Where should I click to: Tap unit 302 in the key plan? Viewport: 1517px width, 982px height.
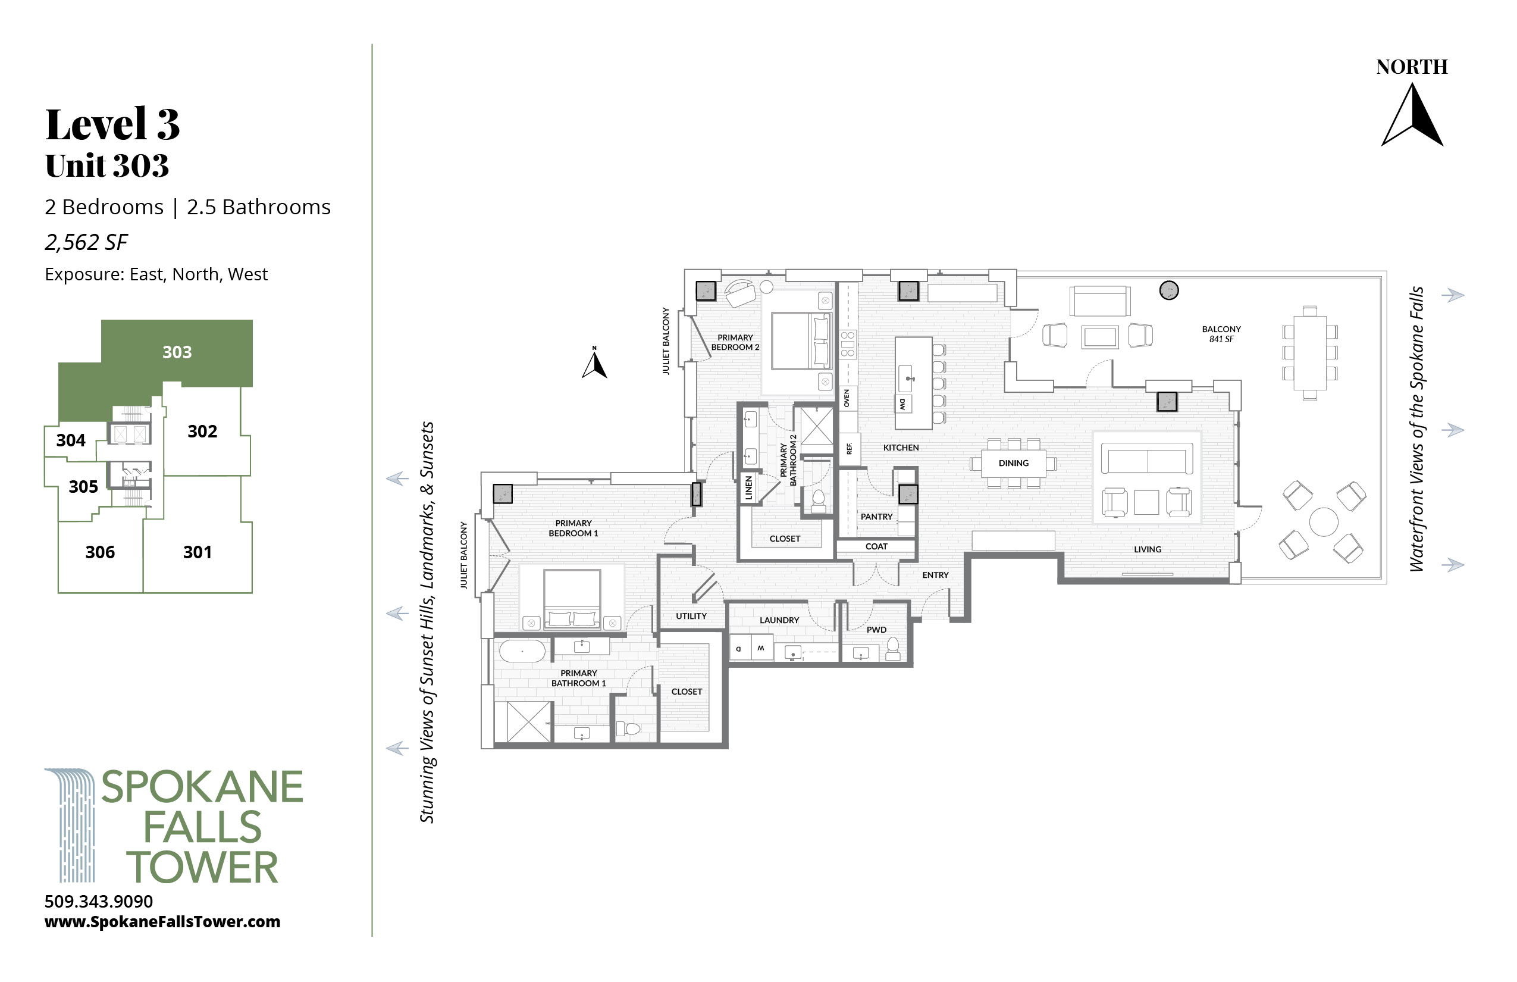coord(202,431)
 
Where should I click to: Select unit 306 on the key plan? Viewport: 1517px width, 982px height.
coord(100,552)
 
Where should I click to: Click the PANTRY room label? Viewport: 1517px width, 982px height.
coord(876,517)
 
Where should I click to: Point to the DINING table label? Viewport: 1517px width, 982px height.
coord(1014,464)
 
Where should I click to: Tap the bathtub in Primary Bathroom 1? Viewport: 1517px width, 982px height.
coord(522,652)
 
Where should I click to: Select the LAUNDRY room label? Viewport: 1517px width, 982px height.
coord(779,620)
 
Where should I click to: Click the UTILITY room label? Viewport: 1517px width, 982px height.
coord(691,617)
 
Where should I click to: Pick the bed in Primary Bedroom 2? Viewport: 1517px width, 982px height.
coord(801,340)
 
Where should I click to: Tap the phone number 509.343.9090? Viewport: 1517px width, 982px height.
coord(99,902)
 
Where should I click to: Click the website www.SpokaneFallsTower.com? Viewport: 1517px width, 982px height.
coord(162,922)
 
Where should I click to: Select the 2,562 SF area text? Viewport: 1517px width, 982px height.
coord(86,242)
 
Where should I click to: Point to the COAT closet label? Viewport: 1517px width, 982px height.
coord(876,546)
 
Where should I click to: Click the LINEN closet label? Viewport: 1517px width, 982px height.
coord(749,489)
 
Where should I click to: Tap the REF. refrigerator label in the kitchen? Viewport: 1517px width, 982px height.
coord(849,448)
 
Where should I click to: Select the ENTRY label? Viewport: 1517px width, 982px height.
coord(935,575)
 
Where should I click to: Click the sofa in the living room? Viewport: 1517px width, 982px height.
coord(1148,459)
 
